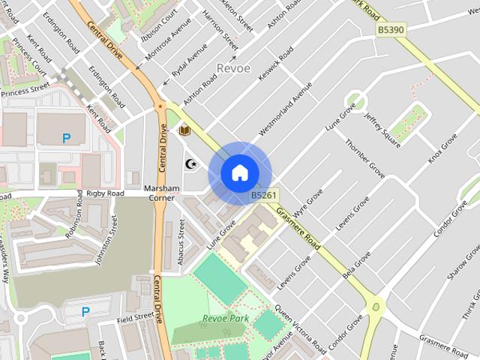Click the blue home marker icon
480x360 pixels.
pos(239,173)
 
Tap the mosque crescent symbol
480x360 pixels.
pos(190,163)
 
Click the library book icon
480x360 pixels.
pos(184,130)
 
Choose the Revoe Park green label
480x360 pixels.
pos(225,319)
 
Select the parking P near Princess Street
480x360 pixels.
pos(66,138)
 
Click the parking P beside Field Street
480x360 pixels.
pos(85,311)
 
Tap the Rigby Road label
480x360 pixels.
pos(104,193)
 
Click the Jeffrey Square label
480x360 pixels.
pos(382,129)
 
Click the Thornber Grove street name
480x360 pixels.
pos(365,157)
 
